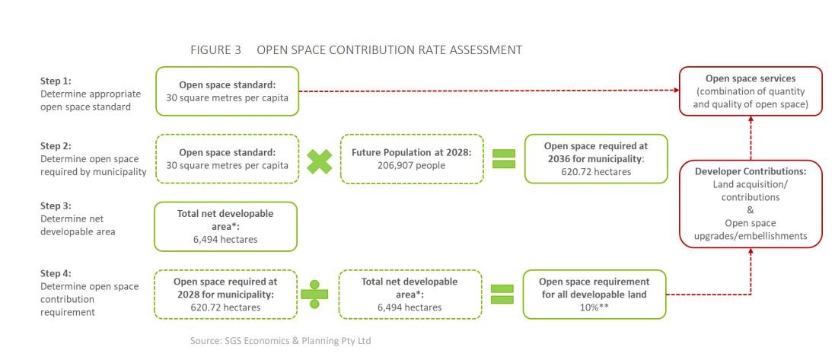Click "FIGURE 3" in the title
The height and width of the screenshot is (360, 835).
click(x=215, y=50)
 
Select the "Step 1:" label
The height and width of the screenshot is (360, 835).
click(x=56, y=81)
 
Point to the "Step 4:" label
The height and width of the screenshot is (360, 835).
click(x=56, y=274)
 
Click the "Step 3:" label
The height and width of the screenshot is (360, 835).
click(x=56, y=206)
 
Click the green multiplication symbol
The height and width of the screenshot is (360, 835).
click(x=320, y=161)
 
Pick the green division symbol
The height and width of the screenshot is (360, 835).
click(x=314, y=294)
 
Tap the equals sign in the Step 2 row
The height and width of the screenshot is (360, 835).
click(x=504, y=159)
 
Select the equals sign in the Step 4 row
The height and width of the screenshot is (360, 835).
click(x=502, y=294)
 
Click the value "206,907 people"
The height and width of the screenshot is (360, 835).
click(x=413, y=166)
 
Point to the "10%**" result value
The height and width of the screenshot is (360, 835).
click(x=594, y=307)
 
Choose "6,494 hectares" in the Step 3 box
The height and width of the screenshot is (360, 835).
click(x=225, y=240)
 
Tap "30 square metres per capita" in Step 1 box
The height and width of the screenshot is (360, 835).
click(x=228, y=97)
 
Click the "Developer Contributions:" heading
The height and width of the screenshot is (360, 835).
click(x=751, y=172)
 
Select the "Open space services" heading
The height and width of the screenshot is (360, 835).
click(x=751, y=78)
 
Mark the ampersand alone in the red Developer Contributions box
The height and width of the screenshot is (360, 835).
click(x=751, y=210)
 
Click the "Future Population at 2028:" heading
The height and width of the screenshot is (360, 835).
click(x=413, y=152)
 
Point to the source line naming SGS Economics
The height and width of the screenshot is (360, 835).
click(x=281, y=341)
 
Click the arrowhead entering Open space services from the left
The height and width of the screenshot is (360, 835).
click(x=676, y=91)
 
